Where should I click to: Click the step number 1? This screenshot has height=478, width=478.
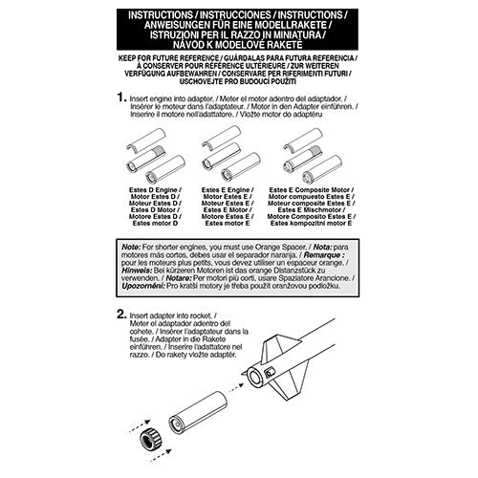click(x=120, y=98)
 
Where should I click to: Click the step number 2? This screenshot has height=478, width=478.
click(x=121, y=313)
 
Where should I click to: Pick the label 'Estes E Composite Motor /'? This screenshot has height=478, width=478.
click(x=315, y=190)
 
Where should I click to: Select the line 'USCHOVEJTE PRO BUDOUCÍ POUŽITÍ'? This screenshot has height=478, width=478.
click(x=238, y=83)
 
